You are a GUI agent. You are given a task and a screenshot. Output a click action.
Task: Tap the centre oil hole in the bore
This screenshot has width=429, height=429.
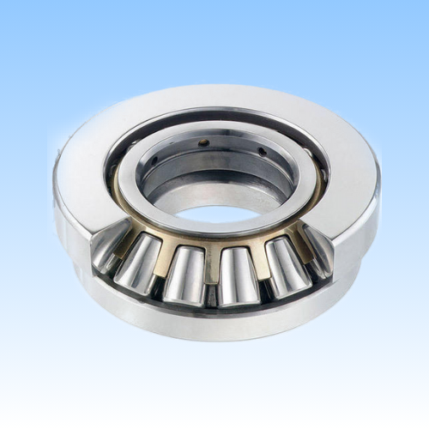pyautogui.click(x=204, y=143)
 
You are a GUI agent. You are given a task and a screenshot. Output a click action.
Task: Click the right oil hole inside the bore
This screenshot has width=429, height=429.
pyautogui.click(x=261, y=152)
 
